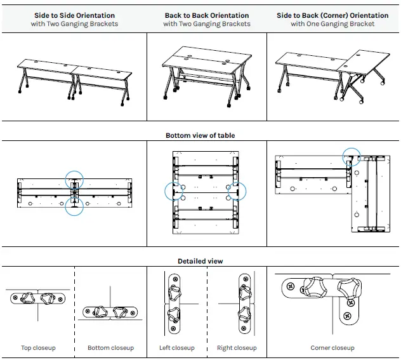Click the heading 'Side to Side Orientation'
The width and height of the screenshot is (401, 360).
pos(74,15)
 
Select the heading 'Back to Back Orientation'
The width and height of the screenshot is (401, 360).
pos(207,15)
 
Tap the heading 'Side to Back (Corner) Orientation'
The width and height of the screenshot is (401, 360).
pos(332,15)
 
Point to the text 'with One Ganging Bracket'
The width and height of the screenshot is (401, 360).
pos(332,24)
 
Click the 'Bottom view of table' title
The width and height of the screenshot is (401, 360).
pos(201,135)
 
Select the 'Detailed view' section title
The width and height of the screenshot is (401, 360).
pos(201,261)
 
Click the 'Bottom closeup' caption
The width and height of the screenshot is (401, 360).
pos(111,348)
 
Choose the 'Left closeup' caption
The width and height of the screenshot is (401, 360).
pos(177,348)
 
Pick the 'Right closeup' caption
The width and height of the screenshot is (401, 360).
pos(237,348)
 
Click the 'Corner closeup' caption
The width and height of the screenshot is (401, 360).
pos(332,348)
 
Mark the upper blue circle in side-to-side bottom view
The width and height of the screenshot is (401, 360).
pos(74,180)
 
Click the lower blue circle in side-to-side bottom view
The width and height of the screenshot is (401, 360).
pos(74,206)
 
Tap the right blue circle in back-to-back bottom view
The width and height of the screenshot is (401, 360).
pos(237,190)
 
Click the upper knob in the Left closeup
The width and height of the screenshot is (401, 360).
pos(174,293)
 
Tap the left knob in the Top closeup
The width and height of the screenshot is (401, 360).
pos(29,298)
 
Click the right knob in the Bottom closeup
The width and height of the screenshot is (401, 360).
pos(121,312)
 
